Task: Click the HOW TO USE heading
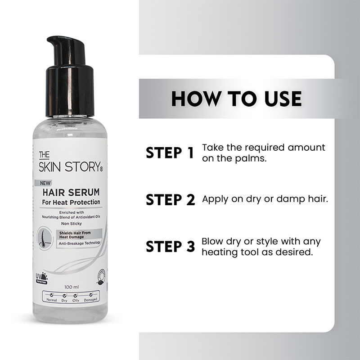[x=236, y=99]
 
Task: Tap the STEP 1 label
[x=170, y=153]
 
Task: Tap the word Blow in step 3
[x=212, y=241]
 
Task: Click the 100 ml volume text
[x=72, y=287]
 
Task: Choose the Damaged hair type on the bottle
[x=90, y=299]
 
